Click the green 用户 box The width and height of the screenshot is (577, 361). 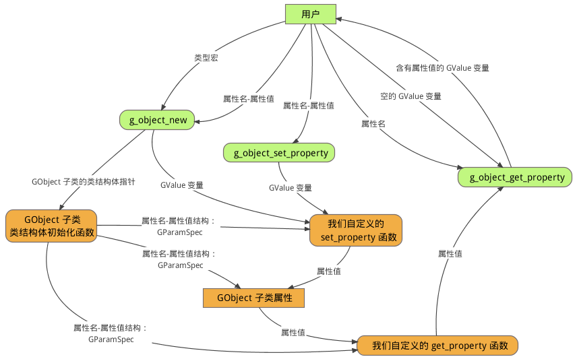[311, 14]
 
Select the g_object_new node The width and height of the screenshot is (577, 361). [158, 120]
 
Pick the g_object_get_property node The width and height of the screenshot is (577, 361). [516, 177]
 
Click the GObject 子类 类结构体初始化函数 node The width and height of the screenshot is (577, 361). [52, 226]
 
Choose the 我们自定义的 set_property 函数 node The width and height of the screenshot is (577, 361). [356, 230]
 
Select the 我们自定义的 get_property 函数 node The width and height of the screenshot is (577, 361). [437, 346]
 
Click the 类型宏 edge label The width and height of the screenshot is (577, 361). [206, 59]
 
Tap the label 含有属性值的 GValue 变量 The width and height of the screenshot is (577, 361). [442, 68]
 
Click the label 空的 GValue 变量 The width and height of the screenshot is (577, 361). [411, 96]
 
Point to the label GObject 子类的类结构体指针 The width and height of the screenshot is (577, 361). [83, 182]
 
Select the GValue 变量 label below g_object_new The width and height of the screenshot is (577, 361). [182, 185]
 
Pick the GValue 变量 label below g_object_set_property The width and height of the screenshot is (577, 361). [291, 188]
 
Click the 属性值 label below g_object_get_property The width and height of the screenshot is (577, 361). [450, 254]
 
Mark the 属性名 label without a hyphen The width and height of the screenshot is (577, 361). [373, 124]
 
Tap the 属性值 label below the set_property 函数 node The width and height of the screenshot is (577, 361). [328, 271]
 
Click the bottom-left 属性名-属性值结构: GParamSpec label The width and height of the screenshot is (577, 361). [111, 334]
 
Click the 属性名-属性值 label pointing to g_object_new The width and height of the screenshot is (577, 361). [248, 98]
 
